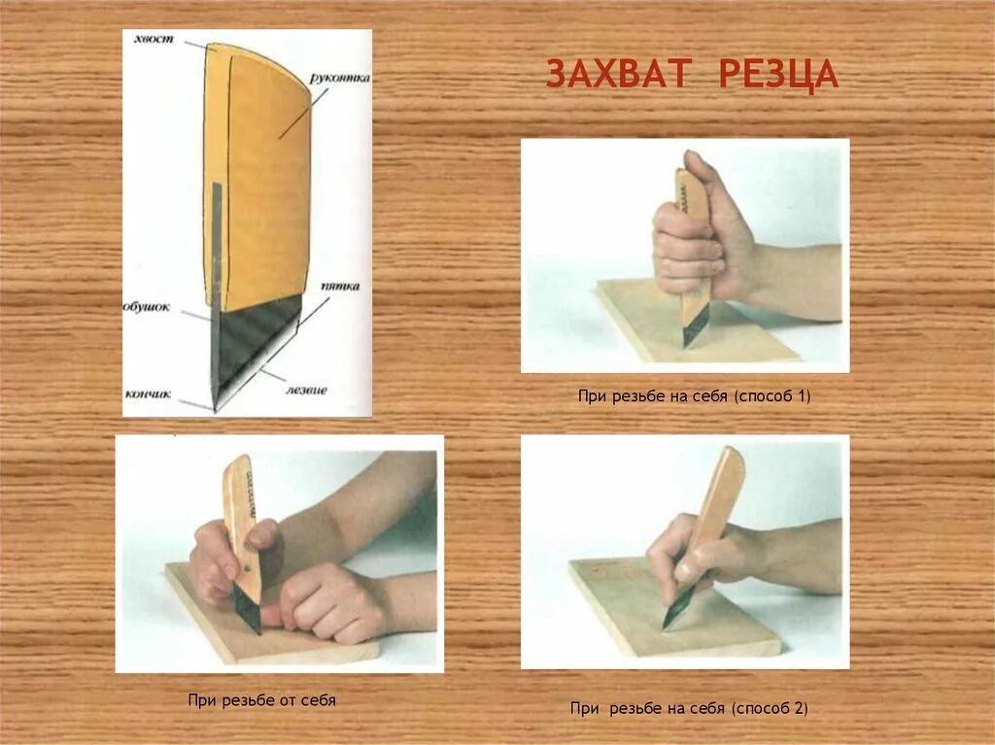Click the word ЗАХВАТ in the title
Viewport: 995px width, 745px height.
tap(618, 74)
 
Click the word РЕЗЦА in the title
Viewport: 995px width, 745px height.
tap(779, 75)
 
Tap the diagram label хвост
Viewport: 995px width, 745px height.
tap(154, 39)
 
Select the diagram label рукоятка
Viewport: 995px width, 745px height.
tap(339, 79)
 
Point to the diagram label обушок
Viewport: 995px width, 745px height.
tap(147, 307)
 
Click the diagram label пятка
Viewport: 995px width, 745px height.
tap(339, 287)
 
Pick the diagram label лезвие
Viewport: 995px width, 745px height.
tap(306, 389)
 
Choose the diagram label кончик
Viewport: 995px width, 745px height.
tap(149, 394)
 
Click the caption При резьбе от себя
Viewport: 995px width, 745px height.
tap(261, 700)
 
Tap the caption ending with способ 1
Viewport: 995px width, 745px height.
tap(694, 396)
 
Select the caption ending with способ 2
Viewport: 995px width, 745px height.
tap(689, 708)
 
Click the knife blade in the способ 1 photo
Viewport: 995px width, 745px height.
tap(694, 328)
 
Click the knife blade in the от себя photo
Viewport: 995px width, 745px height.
tap(248, 609)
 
